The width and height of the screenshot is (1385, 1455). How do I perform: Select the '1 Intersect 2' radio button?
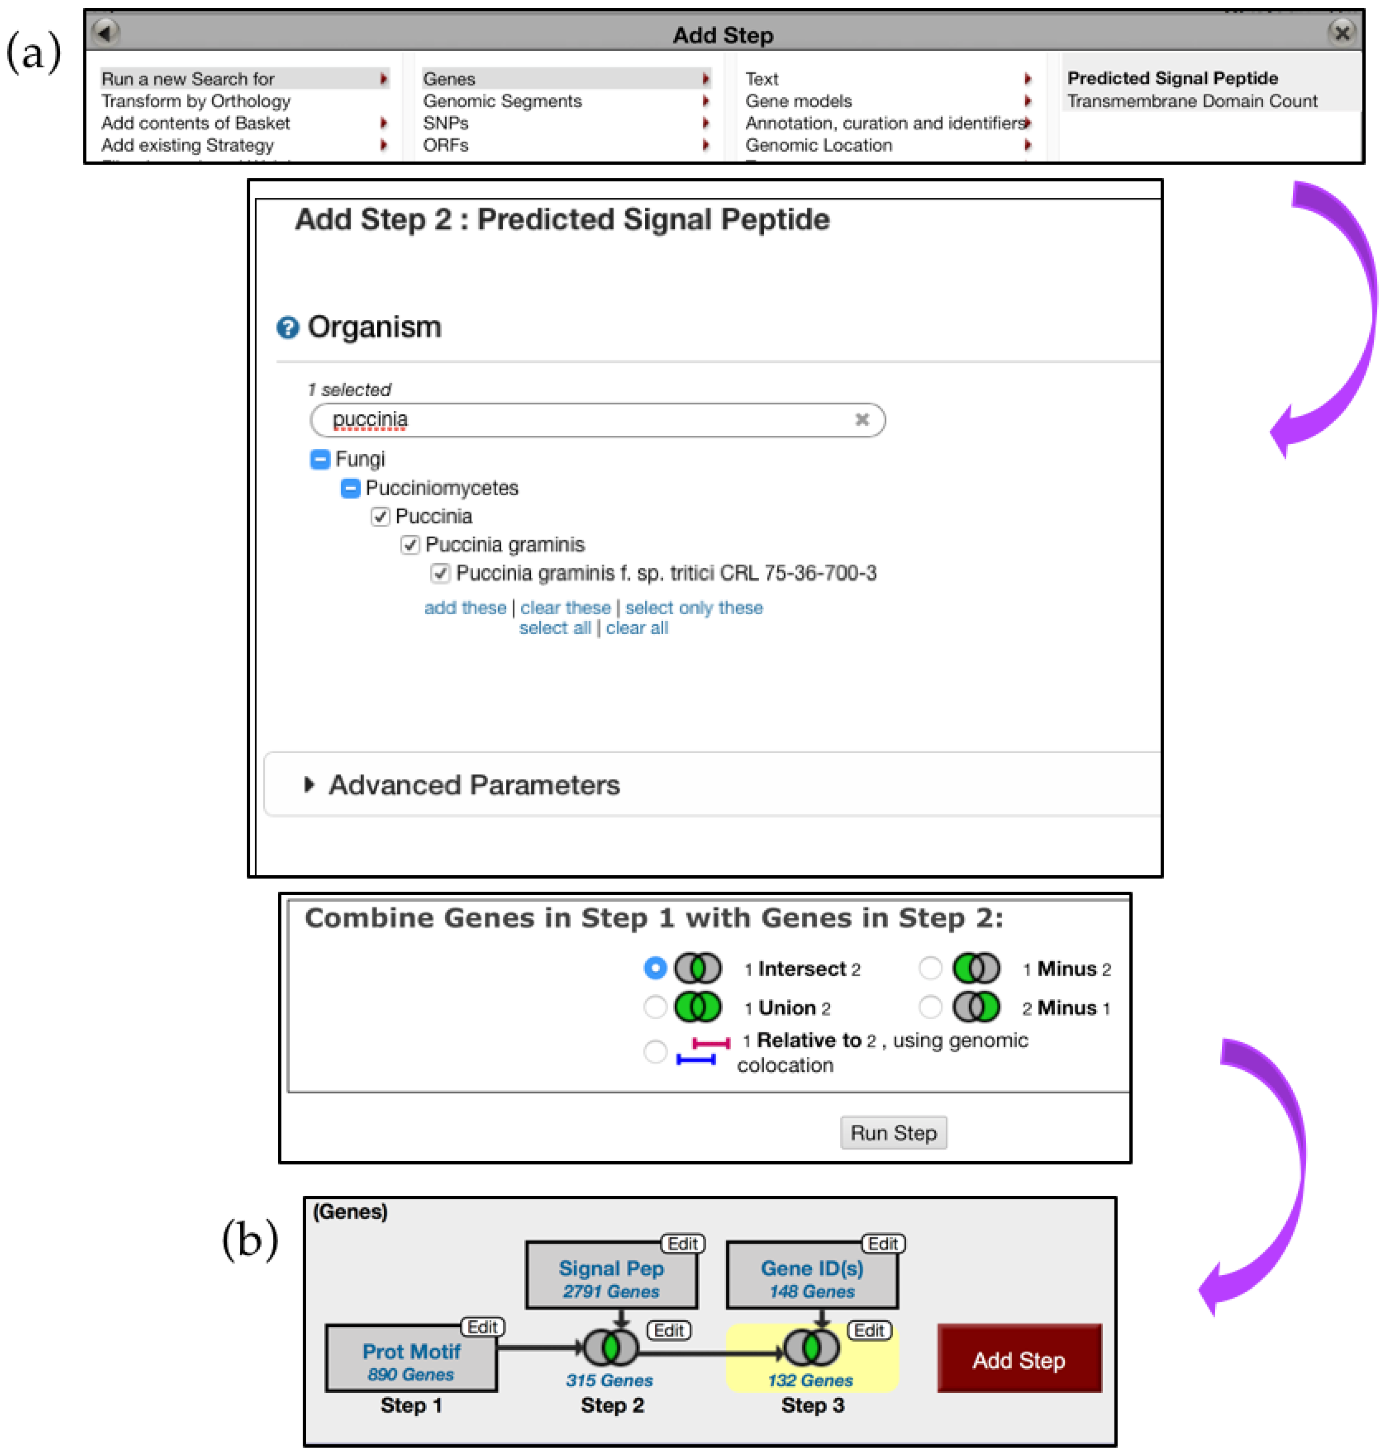[x=655, y=968]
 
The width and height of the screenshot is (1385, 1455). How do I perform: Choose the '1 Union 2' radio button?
[x=655, y=1006]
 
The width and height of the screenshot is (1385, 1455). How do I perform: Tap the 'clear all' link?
[x=636, y=628]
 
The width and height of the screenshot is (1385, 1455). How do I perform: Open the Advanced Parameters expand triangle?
[x=309, y=785]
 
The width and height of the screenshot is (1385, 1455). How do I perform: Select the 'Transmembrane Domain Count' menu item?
[x=1192, y=101]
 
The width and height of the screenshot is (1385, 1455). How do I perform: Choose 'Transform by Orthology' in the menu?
[x=196, y=101]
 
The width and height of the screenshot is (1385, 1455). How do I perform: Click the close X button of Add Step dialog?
[x=1342, y=33]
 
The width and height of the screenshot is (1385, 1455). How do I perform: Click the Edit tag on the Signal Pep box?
[x=682, y=1244]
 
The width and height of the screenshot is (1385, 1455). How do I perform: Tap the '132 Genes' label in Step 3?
[x=810, y=1380]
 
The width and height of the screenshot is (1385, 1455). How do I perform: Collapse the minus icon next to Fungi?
[x=320, y=459]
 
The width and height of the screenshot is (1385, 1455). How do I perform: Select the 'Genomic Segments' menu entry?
[x=502, y=101]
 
